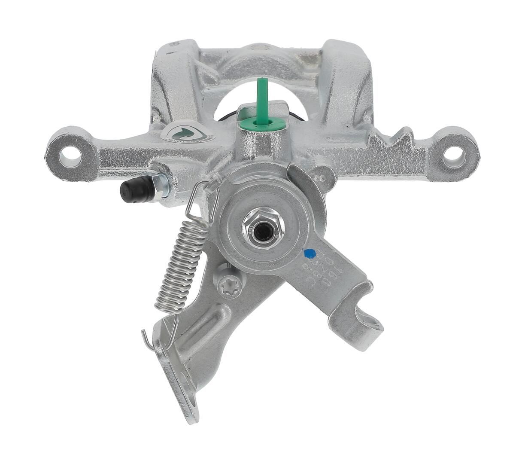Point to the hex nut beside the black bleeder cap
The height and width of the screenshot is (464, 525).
click(x=160, y=186)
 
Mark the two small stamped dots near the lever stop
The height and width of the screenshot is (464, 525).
click(x=319, y=177)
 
